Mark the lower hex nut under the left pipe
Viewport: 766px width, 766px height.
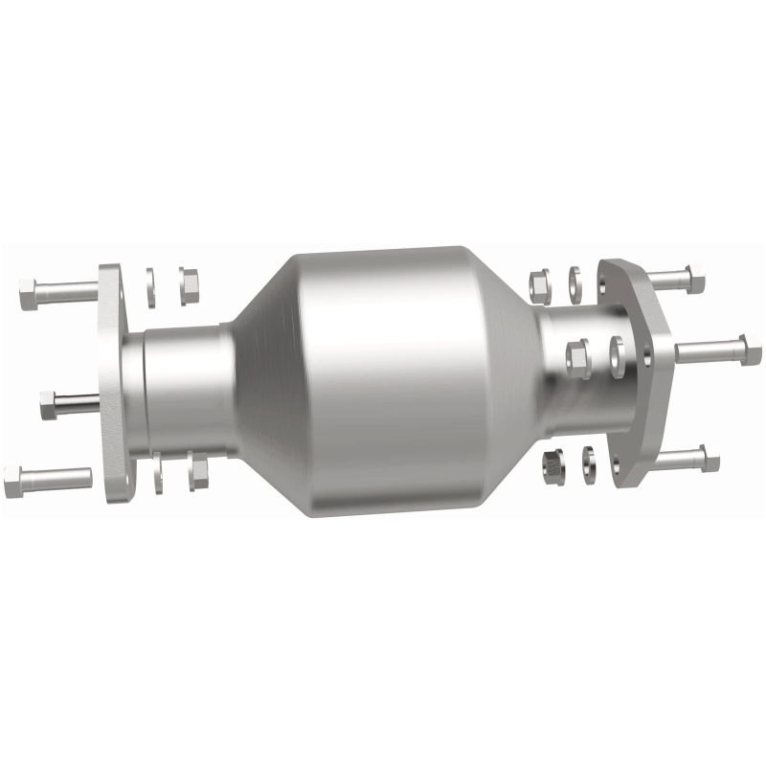[x=198, y=471]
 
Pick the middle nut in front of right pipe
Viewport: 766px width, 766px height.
[x=578, y=359]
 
